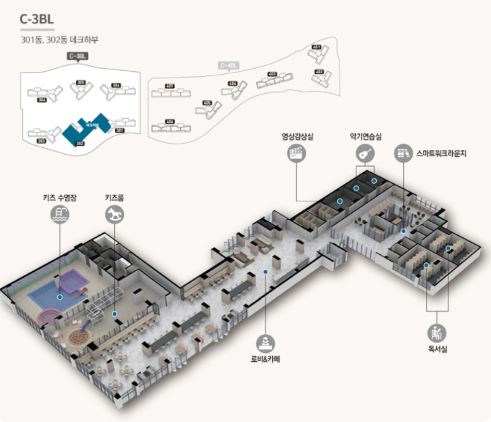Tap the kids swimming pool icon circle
coord(59,213)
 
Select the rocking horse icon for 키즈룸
coord(115,213)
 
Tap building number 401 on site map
coord(316,47)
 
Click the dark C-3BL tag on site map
coord(77,56)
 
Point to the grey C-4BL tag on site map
coord(228,65)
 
